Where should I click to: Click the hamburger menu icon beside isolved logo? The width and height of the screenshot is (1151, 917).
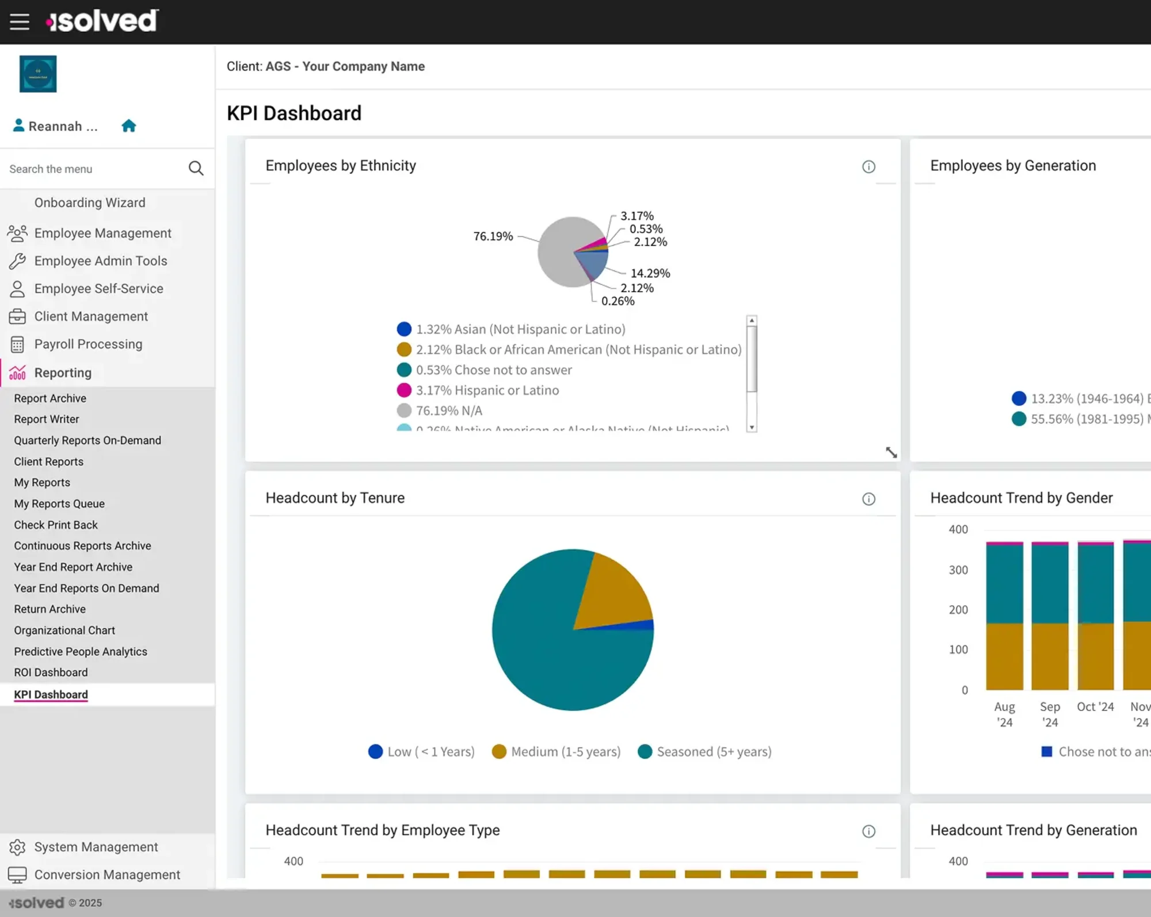pos(20,22)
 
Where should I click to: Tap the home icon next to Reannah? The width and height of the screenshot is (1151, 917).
pos(129,126)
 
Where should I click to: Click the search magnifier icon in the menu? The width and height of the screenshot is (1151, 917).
pos(196,169)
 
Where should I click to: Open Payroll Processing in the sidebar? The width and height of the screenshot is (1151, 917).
pos(88,344)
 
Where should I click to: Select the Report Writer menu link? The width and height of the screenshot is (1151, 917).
pos(47,419)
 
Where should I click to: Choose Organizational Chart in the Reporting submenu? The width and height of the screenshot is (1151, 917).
pos(64,631)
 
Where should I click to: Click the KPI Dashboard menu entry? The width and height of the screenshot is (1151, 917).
pos(51,694)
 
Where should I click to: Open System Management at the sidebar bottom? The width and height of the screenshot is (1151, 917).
pos(96,847)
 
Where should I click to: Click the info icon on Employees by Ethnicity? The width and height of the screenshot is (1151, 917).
pos(868,167)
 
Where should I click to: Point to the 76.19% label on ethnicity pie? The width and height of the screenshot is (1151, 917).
pos(493,236)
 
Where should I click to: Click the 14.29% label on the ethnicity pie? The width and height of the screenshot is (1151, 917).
pos(650,273)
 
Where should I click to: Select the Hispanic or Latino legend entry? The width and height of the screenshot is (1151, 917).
pos(487,391)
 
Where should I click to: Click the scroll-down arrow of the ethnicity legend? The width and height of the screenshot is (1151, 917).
pos(752,427)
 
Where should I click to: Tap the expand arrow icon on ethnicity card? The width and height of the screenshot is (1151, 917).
pos(891,453)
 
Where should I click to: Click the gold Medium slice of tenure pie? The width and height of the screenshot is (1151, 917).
pos(613,593)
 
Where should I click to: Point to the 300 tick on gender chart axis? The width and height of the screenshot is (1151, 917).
pos(958,570)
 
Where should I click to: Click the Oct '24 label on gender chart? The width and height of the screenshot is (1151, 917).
pos(1095,707)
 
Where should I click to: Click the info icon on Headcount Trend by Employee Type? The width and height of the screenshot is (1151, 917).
pos(868,831)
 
